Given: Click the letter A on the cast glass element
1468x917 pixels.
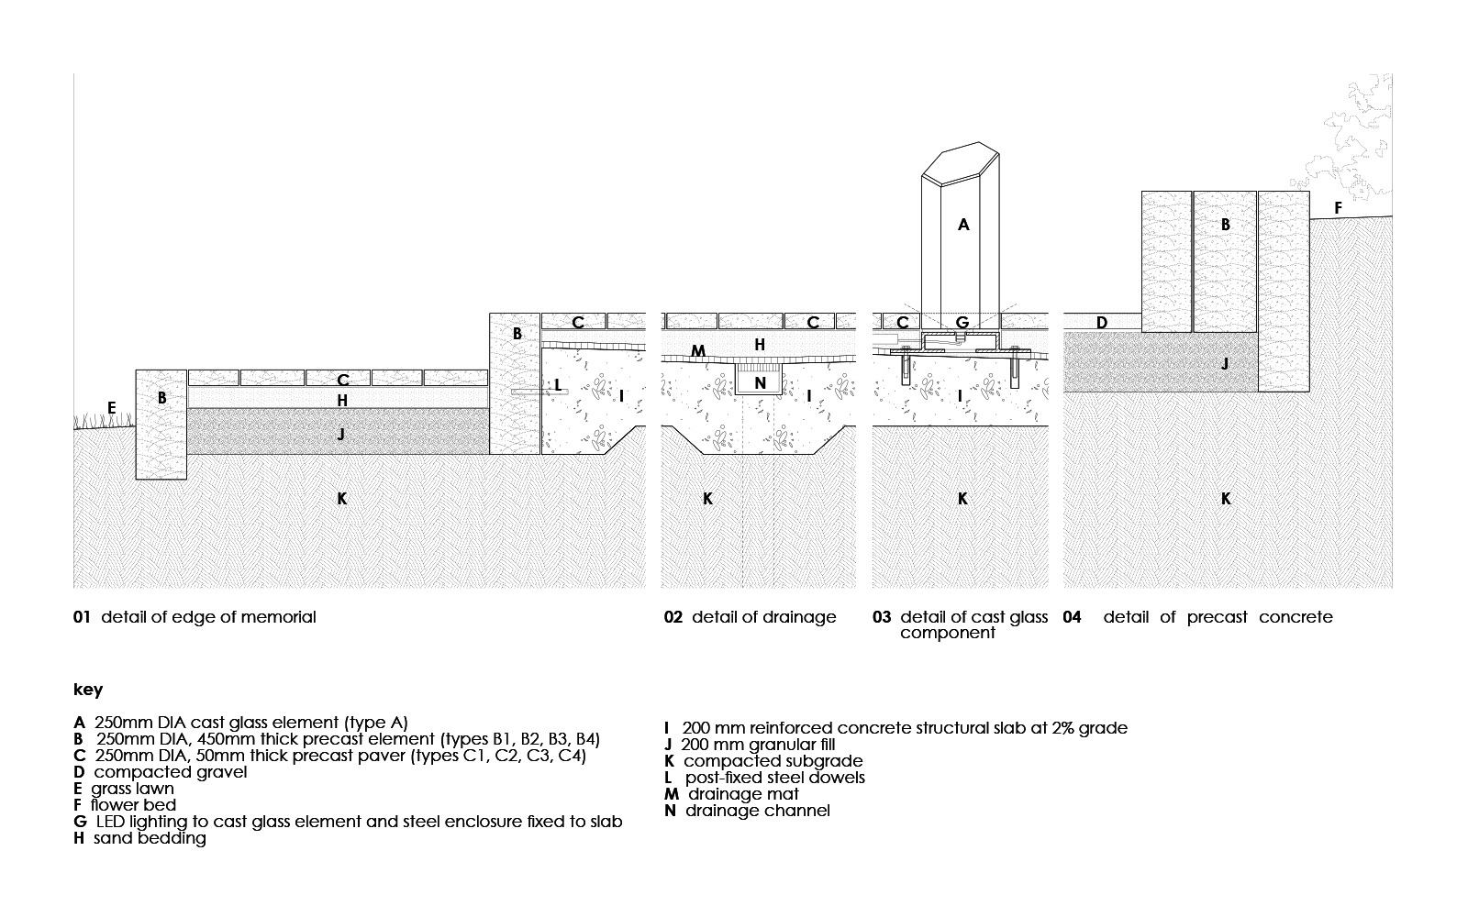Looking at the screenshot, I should (x=963, y=224).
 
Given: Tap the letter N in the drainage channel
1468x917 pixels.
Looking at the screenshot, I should (x=760, y=383).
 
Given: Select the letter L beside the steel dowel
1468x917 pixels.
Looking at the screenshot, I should (x=558, y=385).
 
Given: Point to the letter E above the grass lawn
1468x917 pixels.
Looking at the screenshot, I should (x=112, y=408).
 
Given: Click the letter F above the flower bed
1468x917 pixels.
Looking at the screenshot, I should (x=1338, y=209).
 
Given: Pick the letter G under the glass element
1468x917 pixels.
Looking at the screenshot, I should (x=962, y=323).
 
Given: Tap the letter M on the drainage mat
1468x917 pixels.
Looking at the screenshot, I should (x=698, y=351).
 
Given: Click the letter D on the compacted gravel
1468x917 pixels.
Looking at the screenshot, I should (x=1102, y=323).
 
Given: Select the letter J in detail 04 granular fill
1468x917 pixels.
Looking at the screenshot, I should (x=1225, y=364).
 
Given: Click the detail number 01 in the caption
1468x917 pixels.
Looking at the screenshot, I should (x=82, y=617).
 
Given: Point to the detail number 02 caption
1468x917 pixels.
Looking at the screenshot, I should (x=673, y=617).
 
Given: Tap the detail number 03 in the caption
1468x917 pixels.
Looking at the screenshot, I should (x=882, y=617).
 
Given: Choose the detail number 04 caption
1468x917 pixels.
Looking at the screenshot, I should (x=1072, y=617).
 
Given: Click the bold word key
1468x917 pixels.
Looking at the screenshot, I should (x=88, y=690).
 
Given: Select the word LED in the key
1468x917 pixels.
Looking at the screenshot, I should (x=110, y=822).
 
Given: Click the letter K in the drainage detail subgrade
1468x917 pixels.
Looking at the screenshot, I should (x=707, y=499).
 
